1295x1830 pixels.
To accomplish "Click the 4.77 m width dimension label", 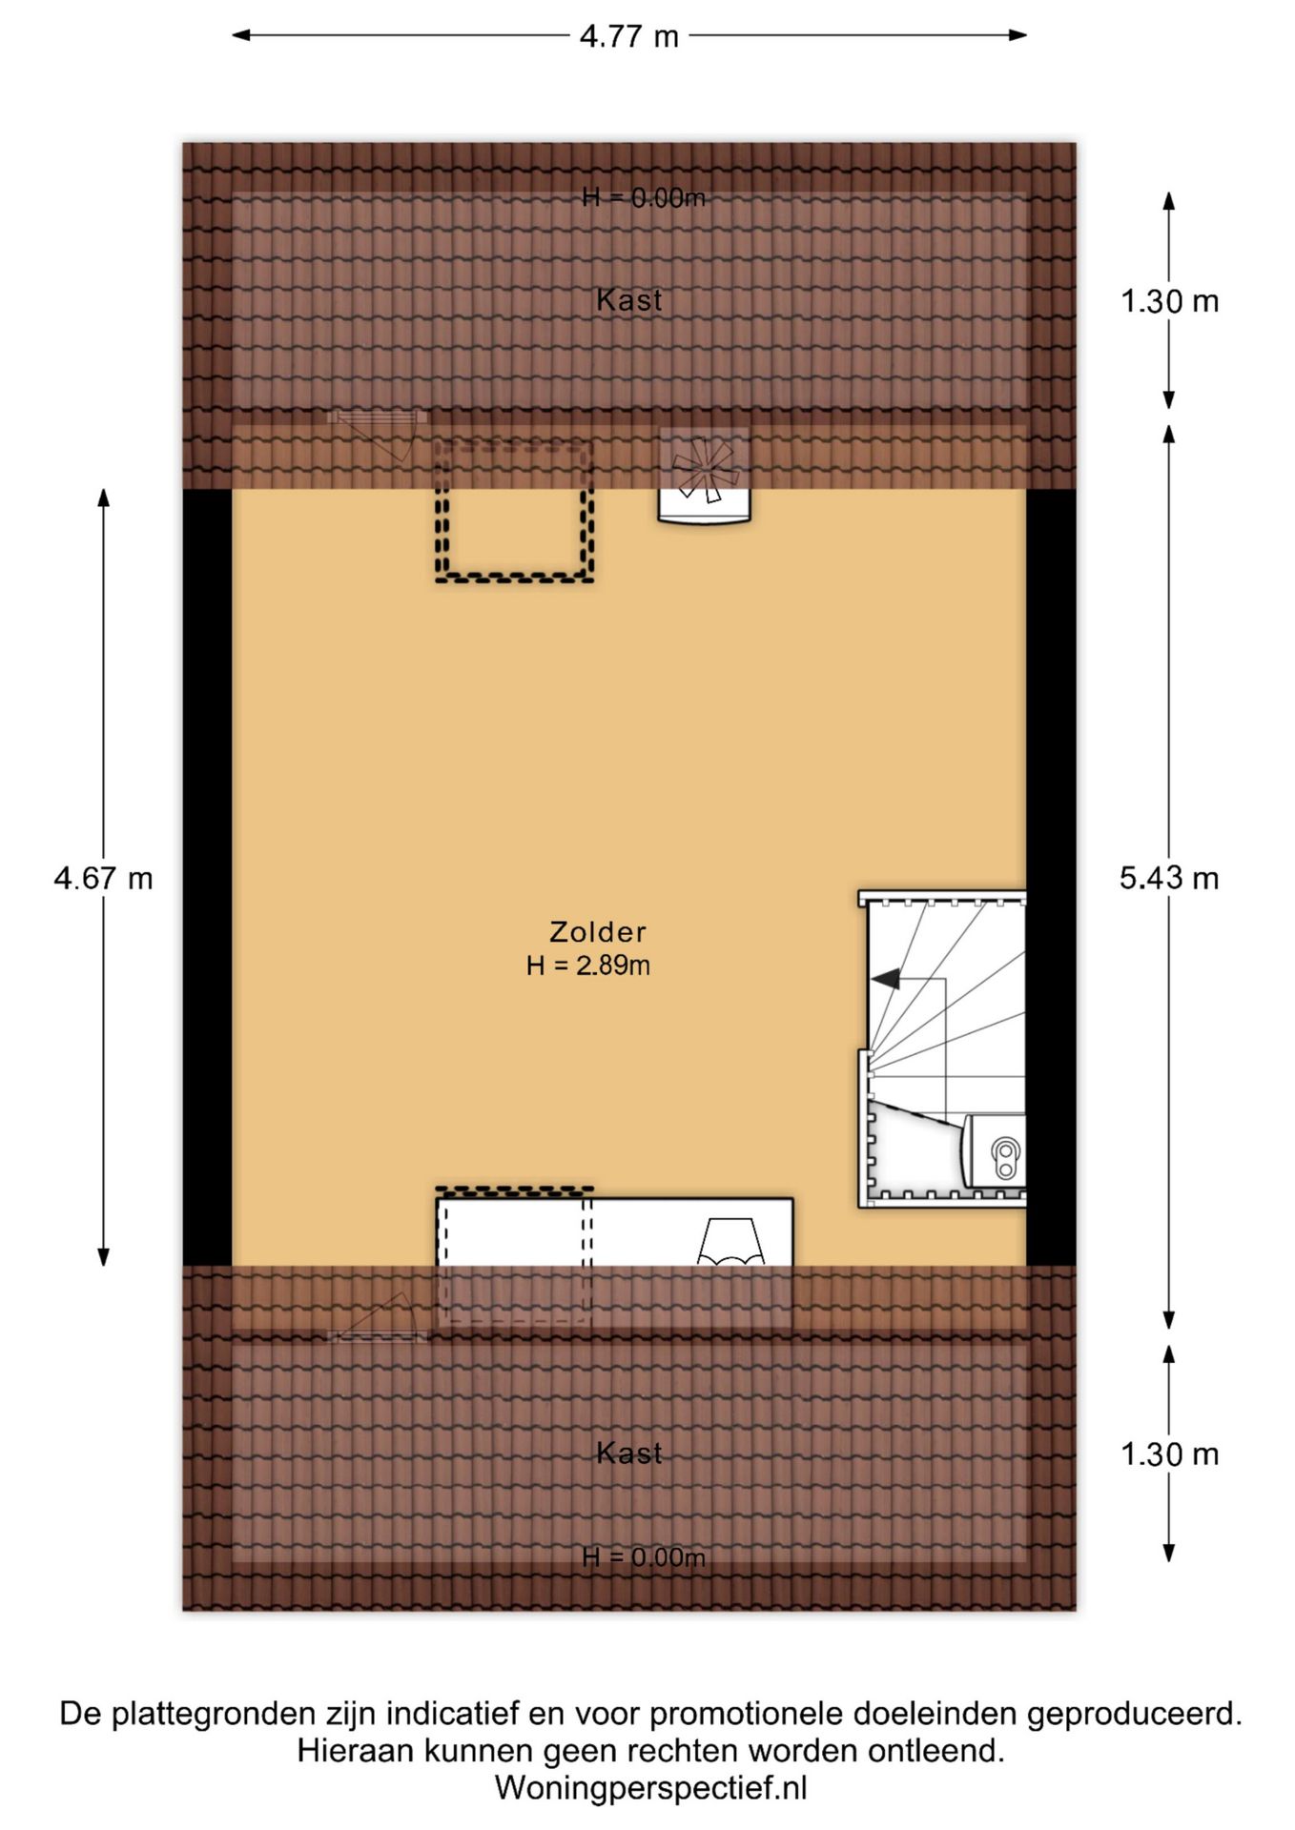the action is click(x=629, y=36).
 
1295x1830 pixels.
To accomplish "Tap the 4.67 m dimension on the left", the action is click(x=103, y=878).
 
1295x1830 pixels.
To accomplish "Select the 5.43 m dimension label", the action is click(x=1169, y=878).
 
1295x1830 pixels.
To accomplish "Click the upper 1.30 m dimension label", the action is click(x=1169, y=301).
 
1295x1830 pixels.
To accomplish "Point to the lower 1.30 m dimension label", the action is click(x=1169, y=1454).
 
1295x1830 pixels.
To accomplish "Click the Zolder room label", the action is click(x=598, y=931).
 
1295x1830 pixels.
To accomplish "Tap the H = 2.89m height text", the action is click(x=588, y=966).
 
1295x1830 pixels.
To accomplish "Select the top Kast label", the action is click(x=629, y=300).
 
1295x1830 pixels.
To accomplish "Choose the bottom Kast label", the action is click(x=629, y=1453).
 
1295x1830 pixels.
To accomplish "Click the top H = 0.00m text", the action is click(x=644, y=197).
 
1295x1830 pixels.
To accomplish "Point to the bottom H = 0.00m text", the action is click(x=644, y=1557).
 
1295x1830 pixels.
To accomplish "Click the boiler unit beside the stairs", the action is click(x=995, y=1150).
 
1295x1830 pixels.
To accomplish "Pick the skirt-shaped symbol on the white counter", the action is click(x=731, y=1242).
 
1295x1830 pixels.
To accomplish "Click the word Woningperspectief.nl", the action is click(x=650, y=1787).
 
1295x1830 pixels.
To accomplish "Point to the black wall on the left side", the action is click(x=207, y=877).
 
